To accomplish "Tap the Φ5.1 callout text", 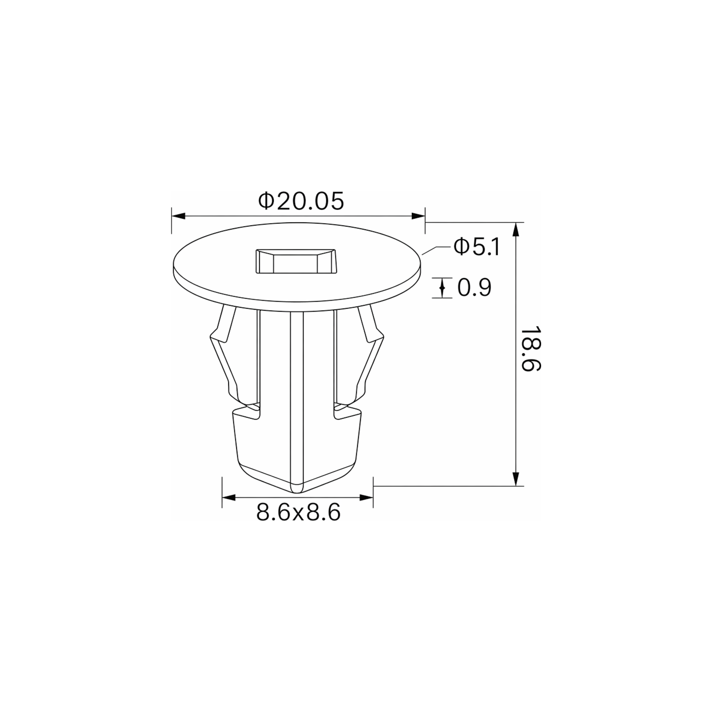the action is click(477, 247).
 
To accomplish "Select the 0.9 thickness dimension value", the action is click(474, 288).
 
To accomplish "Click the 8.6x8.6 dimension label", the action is click(298, 513).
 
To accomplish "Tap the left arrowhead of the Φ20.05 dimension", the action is click(178, 216).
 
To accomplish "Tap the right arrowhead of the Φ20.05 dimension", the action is click(418, 216).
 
